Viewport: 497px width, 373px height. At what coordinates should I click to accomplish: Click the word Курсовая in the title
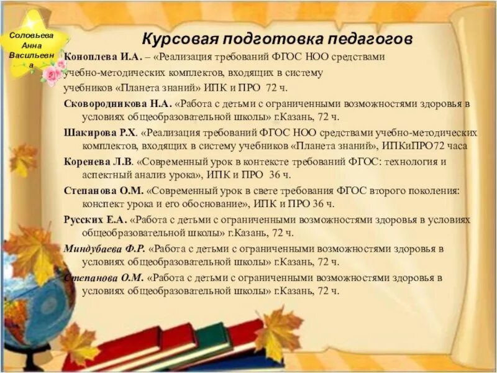tap(175, 39)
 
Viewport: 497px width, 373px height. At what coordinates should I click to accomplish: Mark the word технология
tap(409, 162)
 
